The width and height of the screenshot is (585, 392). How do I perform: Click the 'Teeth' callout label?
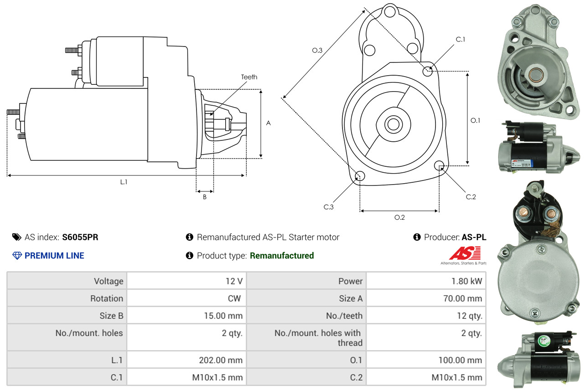pos(249,77)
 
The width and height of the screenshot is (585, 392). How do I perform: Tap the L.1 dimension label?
pos(124,182)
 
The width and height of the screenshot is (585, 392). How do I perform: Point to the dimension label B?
pos(205,197)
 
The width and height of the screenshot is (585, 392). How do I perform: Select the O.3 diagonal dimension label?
pos(317,51)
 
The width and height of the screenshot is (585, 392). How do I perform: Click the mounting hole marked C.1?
pos(428,71)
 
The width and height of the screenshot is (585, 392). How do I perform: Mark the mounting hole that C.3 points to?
pos(360,176)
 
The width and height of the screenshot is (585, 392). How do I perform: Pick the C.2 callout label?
pos(471,197)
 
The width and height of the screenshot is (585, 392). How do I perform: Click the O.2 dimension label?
pos(399,217)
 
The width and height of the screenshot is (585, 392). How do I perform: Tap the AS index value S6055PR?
pos(80,237)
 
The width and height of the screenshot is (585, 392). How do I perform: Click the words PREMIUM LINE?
pos(54,256)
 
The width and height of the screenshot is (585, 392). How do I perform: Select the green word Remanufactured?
pos(282,256)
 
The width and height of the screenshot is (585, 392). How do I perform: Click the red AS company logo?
pos(465,253)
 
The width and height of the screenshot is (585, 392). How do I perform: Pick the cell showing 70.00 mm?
pos(464,299)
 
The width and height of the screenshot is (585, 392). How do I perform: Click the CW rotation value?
pos(233,299)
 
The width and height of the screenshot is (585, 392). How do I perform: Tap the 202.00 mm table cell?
pos(220,360)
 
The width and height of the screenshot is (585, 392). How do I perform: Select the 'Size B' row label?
pos(111,315)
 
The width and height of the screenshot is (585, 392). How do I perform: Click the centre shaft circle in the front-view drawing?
pos(392,124)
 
